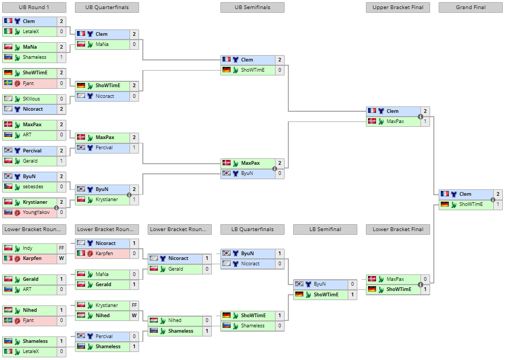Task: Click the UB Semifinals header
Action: tap(252, 7)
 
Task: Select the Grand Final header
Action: tap(470, 7)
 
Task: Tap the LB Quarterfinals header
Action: tap(252, 229)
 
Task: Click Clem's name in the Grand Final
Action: tap(465, 194)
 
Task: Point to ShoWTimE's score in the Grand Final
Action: tap(498, 204)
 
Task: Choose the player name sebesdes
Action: tap(33, 187)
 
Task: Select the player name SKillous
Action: tap(32, 99)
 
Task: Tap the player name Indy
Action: tap(27, 248)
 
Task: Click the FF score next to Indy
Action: tap(61, 248)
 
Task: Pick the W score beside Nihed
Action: tap(134, 316)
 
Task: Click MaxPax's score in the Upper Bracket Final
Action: tap(425, 121)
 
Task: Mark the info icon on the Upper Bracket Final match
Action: tap(420, 117)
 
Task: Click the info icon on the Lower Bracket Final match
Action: tap(420, 285)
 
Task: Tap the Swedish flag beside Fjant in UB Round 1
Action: tap(8, 83)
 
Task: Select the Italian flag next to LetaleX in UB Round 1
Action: tap(8, 32)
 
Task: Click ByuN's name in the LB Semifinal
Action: tap(320, 284)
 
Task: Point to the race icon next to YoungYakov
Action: tap(17, 212)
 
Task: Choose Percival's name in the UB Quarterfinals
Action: tap(104, 148)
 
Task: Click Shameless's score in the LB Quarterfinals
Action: tap(279, 326)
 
